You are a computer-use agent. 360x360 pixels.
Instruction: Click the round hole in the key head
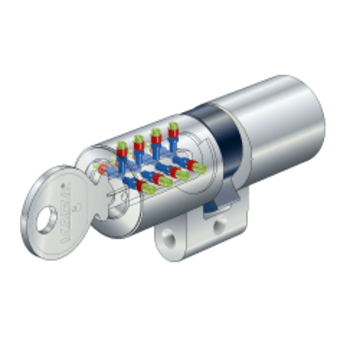(x=46, y=221)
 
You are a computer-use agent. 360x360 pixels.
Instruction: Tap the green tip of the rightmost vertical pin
(x=173, y=125)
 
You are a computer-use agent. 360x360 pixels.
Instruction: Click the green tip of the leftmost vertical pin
(x=122, y=145)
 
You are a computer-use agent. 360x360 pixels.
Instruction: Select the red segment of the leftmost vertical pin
(x=122, y=152)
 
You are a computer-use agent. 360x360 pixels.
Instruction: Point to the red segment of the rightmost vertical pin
(x=173, y=132)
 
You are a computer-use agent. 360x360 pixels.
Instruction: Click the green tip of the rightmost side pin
(x=200, y=169)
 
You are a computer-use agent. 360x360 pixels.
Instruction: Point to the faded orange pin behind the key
(x=103, y=169)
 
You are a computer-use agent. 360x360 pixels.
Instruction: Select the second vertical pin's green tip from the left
(x=139, y=139)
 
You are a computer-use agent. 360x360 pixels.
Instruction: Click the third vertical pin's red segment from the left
(x=156, y=139)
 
